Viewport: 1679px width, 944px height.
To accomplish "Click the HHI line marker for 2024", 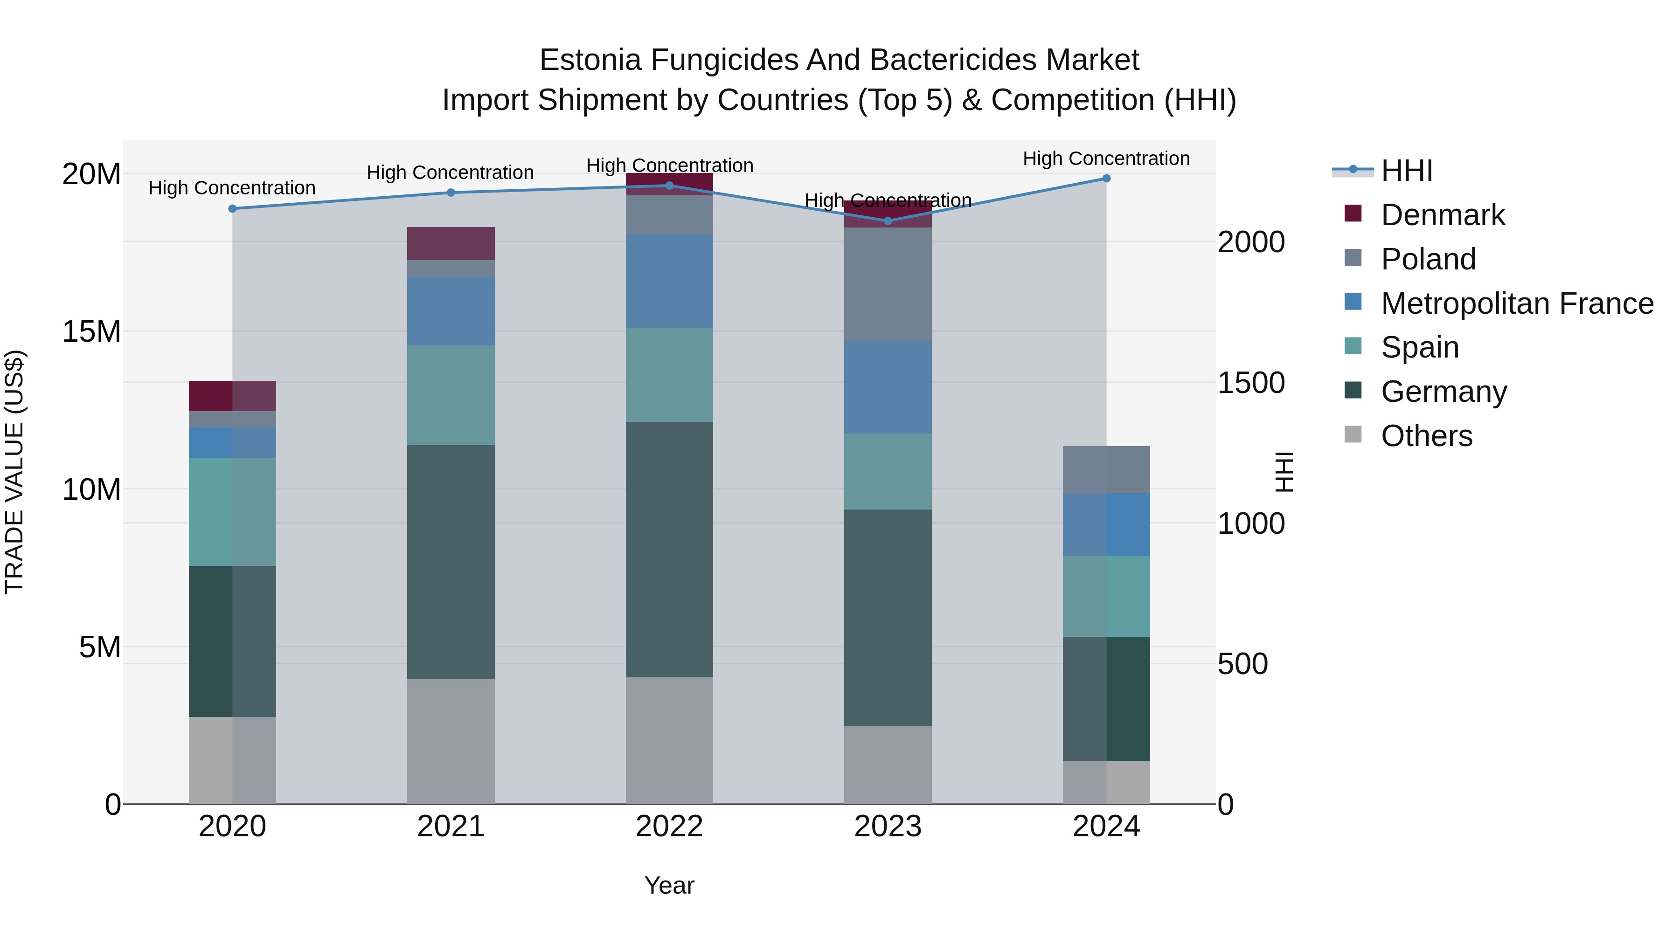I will point(1106,179).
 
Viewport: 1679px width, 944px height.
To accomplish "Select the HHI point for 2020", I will point(232,208).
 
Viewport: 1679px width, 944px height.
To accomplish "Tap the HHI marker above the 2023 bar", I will point(888,221).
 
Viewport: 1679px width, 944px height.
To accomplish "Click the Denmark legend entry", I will point(1443,215).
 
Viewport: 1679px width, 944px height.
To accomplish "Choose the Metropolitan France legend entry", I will point(1517,303).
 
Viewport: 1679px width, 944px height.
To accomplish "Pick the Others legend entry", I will point(1426,436).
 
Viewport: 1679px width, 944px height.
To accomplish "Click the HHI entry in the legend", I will point(1407,171).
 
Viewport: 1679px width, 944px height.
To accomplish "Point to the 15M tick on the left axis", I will point(91,331).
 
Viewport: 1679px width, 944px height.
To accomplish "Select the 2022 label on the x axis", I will point(669,827).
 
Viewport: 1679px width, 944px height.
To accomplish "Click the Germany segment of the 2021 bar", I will point(451,562).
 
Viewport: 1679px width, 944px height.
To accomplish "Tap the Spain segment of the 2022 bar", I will point(669,375).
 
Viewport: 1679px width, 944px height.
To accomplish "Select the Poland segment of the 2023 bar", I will point(888,284).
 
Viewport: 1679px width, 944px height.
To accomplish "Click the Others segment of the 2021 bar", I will point(451,741).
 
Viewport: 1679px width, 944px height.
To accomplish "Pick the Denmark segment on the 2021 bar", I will point(451,244).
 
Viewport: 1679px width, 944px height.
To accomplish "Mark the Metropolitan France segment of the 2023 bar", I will point(888,387).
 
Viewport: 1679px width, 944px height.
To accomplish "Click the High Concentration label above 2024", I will point(1106,158).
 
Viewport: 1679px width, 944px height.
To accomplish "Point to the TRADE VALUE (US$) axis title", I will point(14,472).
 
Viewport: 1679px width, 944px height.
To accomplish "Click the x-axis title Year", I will point(669,885).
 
